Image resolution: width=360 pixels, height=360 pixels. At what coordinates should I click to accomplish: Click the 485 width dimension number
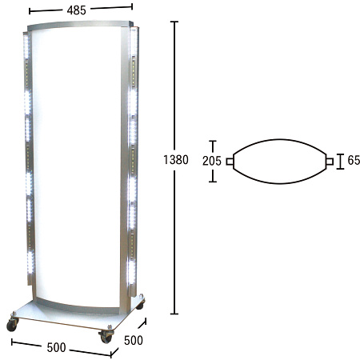[77, 10]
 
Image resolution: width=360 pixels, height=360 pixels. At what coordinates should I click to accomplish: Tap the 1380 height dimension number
[176, 160]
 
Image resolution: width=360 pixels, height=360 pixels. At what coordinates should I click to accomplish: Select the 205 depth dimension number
[212, 161]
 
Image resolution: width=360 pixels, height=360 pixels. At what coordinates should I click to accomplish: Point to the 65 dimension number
[354, 160]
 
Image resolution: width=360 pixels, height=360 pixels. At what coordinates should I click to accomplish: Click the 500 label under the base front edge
[56, 347]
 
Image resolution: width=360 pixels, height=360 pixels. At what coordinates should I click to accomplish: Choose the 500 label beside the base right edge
[134, 340]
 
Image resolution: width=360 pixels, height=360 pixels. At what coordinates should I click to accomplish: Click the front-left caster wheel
[12, 325]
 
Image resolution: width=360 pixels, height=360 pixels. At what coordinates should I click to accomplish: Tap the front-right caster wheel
[106, 338]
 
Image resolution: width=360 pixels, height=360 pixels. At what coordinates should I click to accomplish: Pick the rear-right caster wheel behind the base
[140, 305]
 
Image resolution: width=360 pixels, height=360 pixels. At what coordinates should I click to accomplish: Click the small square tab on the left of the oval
[230, 162]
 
